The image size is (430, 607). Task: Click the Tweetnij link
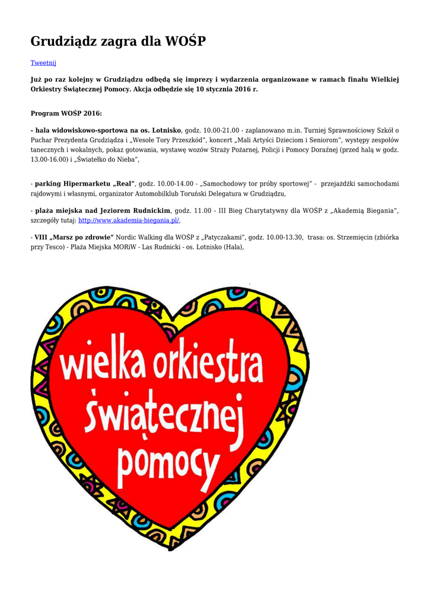[x=43, y=62]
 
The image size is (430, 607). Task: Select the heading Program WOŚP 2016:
[x=66, y=113]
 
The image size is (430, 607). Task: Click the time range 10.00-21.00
[x=221, y=130]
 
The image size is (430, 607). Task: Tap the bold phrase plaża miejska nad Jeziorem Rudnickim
[x=103, y=210]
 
